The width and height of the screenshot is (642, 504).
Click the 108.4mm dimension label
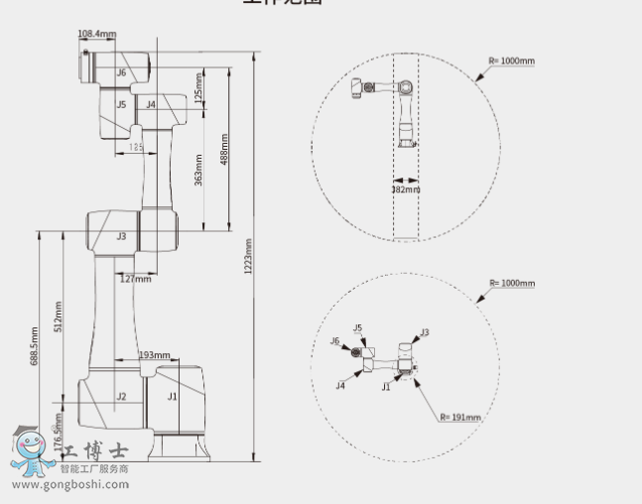coord(96,35)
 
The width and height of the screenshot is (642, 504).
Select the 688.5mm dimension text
coord(35,346)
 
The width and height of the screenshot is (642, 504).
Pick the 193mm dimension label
coord(154,355)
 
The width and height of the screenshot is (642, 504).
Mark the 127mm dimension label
coord(136,279)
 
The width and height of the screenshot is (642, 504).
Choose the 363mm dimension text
coord(198,170)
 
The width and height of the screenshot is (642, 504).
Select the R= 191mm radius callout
coord(460,418)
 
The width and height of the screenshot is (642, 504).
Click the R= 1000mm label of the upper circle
coord(512,61)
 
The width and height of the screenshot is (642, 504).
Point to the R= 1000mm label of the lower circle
coord(512,283)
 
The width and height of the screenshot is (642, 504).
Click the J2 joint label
coord(121,397)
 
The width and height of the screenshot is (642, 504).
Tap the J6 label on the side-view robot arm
coord(121,72)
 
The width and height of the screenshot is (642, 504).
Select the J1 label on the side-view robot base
coord(172,397)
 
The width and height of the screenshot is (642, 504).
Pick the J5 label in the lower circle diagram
coord(357,327)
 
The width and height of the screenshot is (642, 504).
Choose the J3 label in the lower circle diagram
coord(425,332)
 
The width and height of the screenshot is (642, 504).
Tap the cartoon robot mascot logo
coord(33,451)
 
